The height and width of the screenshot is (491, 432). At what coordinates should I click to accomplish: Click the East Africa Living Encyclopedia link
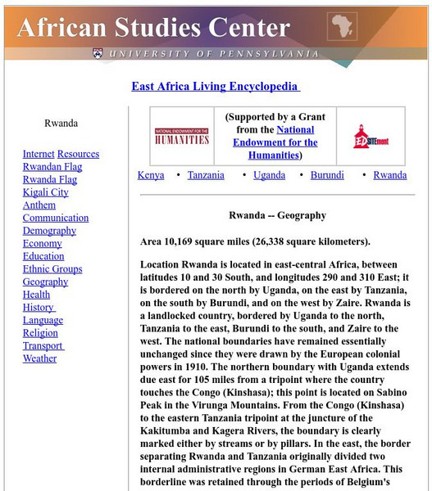[x=216, y=87]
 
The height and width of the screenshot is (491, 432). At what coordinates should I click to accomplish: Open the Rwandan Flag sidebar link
[x=52, y=167]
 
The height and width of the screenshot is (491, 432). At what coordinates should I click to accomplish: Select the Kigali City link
[x=46, y=192]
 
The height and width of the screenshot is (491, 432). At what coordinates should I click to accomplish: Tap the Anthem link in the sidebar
[x=39, y=205]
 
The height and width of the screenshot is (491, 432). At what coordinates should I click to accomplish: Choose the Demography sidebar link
[x=49, y=231]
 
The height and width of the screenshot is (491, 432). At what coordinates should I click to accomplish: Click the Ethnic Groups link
[x=52, y=269]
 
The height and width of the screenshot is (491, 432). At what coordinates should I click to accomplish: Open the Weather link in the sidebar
[x=40, y=358]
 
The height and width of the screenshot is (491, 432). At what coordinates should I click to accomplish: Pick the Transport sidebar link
[x=43, y=345]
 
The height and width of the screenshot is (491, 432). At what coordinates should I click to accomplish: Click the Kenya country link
[x=151, y=175]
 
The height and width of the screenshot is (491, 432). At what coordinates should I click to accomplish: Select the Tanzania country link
[x=206, y=175]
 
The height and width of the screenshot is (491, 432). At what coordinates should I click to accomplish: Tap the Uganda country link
[x=270, y=175]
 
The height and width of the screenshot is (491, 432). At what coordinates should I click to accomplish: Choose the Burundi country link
[x=328, y=175]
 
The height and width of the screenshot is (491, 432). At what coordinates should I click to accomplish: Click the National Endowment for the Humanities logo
[x=181, y=135]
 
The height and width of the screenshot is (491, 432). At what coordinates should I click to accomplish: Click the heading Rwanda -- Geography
[x=277, y=216]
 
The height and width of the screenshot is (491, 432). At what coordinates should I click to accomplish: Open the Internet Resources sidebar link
[x=61, y=154]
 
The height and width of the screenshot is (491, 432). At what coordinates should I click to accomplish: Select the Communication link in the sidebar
[x=56, y=218]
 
